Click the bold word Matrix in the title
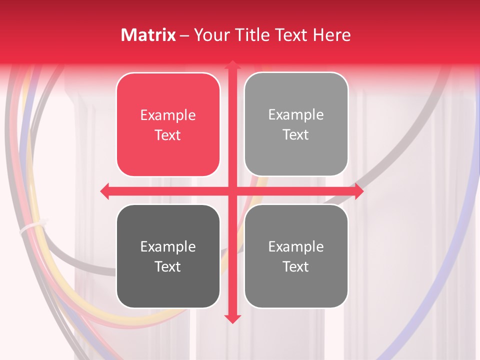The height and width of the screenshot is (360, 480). click(148, 35)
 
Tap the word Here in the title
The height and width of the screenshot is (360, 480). click(331, 35)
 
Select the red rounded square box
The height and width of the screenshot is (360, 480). click(168, 124)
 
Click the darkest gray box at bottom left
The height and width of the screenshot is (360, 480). click(168, 256)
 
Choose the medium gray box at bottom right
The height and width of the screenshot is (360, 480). click(296, 256)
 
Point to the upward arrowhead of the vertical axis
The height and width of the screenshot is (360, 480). click(232, 64)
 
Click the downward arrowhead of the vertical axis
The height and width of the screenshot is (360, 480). click(232, 319)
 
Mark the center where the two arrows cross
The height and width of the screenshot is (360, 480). click(232, 191)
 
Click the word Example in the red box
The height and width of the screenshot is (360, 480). click(168, 115)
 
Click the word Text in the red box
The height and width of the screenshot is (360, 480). click(168, 135)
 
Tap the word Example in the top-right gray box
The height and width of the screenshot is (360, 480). click(296, 115)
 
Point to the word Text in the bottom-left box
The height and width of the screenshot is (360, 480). click(168, 266)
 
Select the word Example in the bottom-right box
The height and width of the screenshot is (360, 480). click(296, 246)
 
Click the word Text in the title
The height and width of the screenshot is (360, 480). click(291, 35)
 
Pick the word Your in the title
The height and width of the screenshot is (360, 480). click(210, 35)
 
